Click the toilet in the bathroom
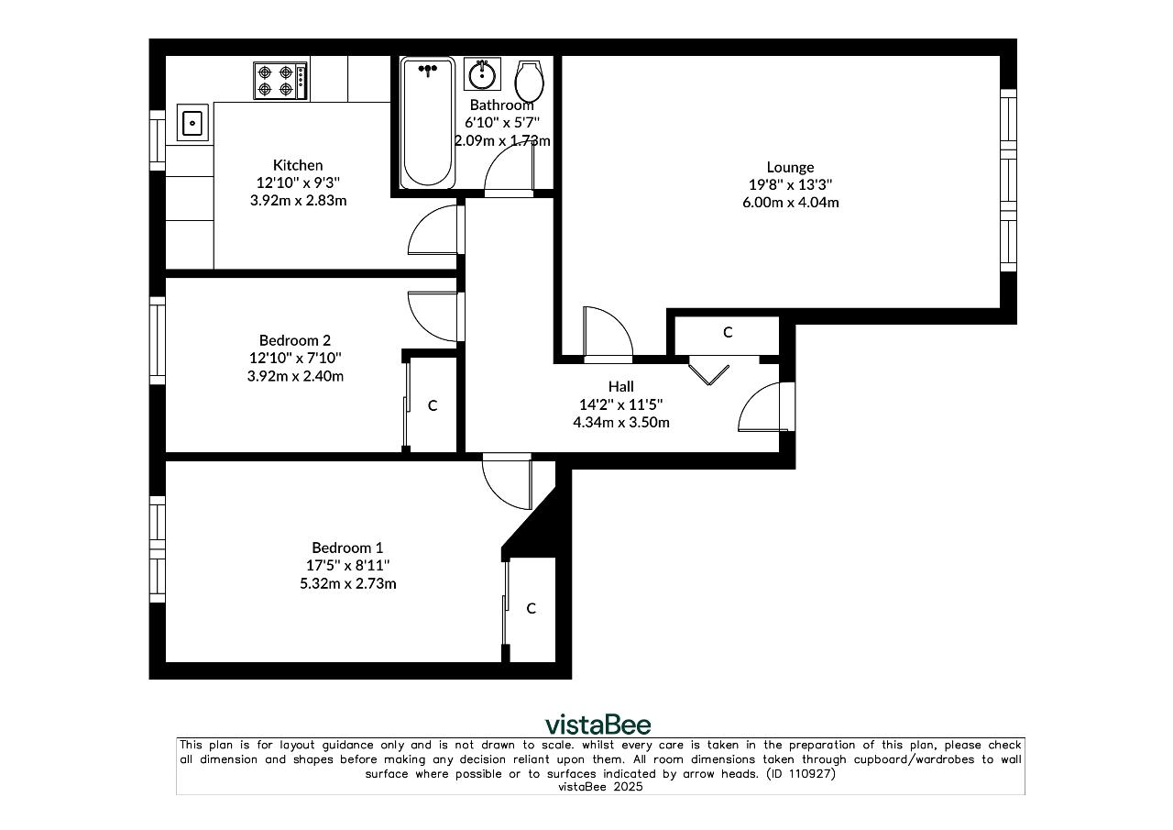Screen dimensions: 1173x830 pyautogui.click(x=529, y=82)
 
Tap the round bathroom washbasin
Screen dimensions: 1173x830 pyautogui.click(x=482, y=74)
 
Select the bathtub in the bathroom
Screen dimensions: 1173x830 pyautogui.click(x=427, y=123)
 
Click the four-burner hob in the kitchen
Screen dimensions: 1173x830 pyautogui.click(x=280, y=81)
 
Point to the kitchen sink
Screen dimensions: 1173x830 pyautogui.click(x=192, y=123)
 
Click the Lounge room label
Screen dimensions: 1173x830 pyautogui.click(x=790, y=167)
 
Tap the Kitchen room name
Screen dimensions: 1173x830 pyautogui.click(x=298, y=165)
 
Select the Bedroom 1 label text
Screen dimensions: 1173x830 pyautogui.click(x=347, y=548)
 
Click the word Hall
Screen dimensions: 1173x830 pyautogui.click(x=621, y=387)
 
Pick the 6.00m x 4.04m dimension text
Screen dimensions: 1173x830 pyautogui.click(x=790, y=203)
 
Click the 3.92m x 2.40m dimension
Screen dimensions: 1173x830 pyautogui.click(x=295, y=376)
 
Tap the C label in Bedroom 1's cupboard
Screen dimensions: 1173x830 pyautogui.click(x=531, y=608)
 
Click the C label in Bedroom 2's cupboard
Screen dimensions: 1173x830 pyautogui.click(x=433, y=405)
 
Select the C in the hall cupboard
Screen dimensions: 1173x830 pyautogui.click(x=728, y=332)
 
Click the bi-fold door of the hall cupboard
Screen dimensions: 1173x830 pyautogui.click(x=708, y=373)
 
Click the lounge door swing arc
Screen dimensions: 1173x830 pyautogui.click(x=618, y=320)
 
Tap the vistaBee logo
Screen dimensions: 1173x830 pyautogui.click(x=598, y=725)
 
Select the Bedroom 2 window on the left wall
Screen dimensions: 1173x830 pyautogui.click(x=158, y=340)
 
